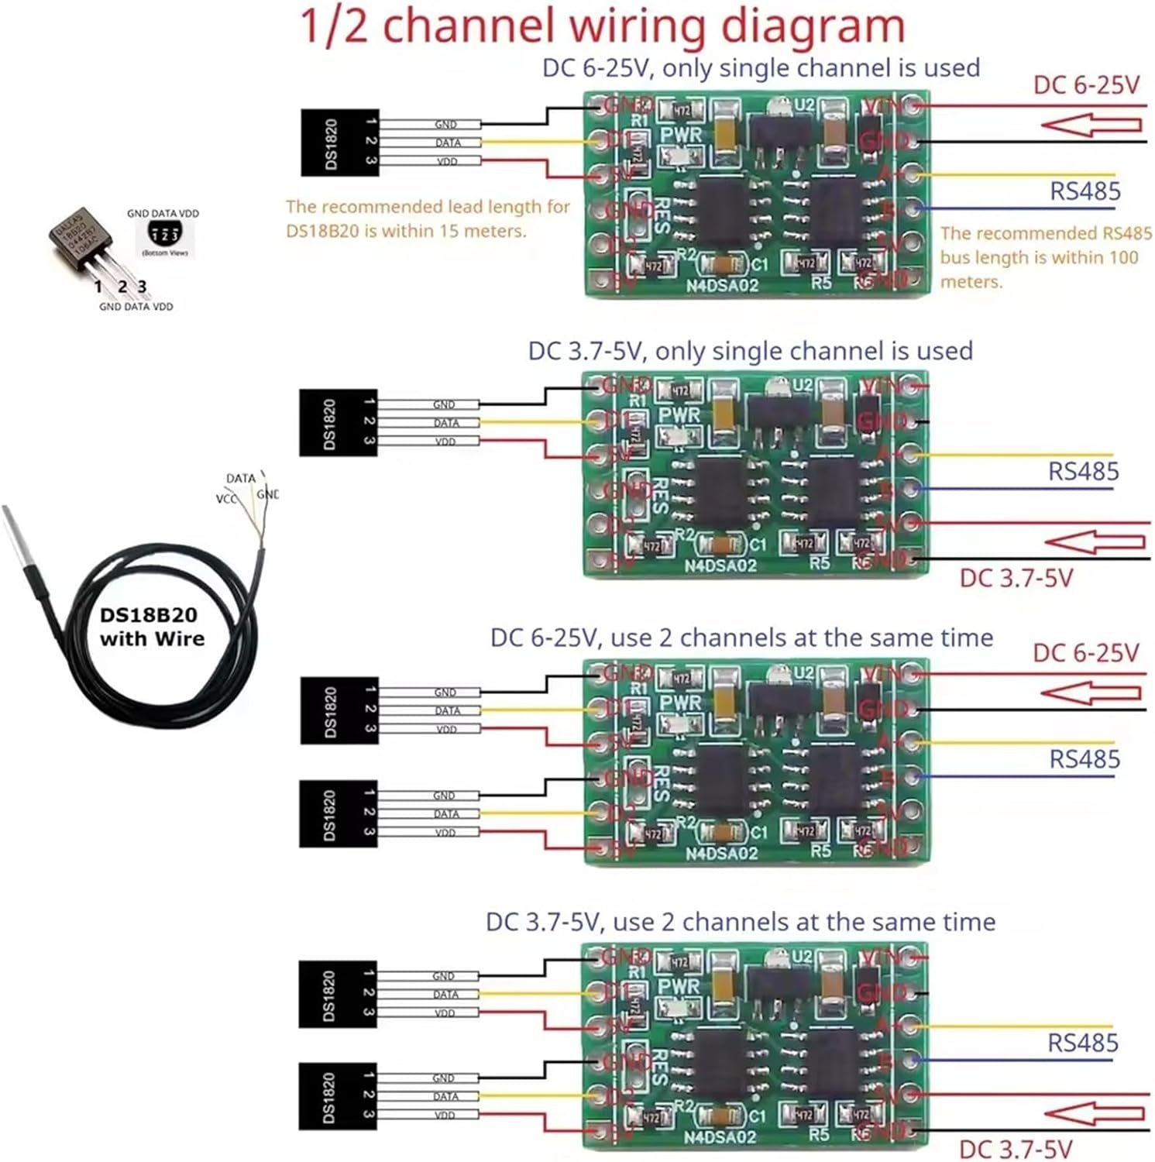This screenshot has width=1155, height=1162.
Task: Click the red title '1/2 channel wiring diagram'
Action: click(602, 26)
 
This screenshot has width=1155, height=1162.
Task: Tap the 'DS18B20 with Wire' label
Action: click(153, 627)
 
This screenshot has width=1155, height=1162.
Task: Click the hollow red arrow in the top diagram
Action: click(1091, 125)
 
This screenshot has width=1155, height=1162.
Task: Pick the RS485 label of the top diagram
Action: click(1085, 191)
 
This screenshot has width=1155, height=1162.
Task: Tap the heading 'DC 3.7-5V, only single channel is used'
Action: click(750, 351)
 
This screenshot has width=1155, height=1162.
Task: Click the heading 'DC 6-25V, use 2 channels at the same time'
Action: click(741, 638)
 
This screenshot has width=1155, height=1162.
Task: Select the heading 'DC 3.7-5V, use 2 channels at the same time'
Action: click(740, 922)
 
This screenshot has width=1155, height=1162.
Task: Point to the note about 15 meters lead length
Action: click(428, 218)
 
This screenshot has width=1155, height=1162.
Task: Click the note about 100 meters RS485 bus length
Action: click(1046, 257)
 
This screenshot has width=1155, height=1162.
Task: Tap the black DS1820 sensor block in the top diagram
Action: click(339, 143)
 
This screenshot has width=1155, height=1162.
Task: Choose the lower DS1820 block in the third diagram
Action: click(339, 813)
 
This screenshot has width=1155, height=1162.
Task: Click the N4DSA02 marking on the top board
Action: click(721, 285)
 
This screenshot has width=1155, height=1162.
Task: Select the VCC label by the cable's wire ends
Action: click(226, 499)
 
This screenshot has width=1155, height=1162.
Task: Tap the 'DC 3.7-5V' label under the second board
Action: click(1016, 578)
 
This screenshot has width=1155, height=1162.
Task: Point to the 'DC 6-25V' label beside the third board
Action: click(1085, 653)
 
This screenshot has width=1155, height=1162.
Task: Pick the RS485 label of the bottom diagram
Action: click(1082, 1043)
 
